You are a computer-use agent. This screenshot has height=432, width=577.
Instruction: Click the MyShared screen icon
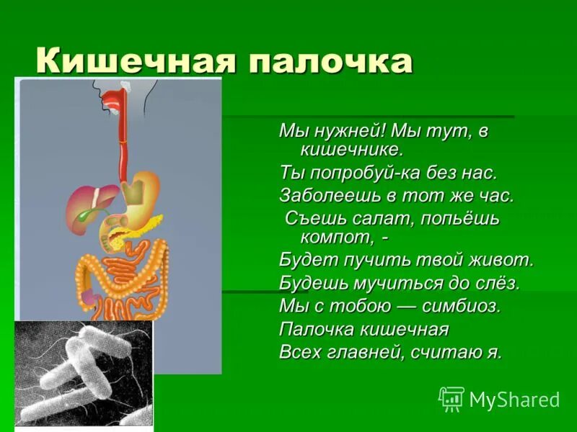point(452,399)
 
